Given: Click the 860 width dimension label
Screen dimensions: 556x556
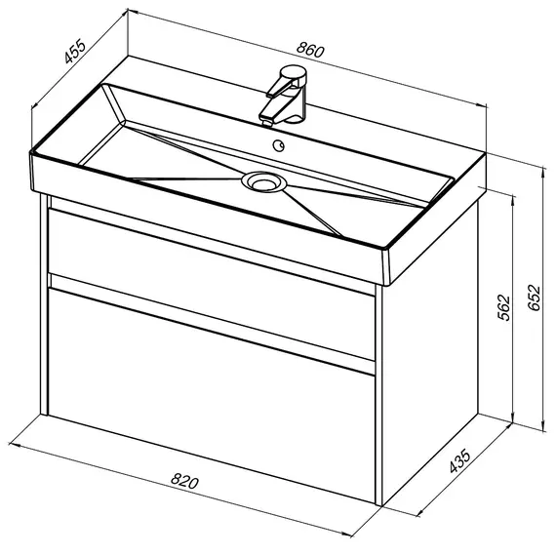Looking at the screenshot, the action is (x=310, y=50).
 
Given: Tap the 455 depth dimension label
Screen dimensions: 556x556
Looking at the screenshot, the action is (x=75, y=51).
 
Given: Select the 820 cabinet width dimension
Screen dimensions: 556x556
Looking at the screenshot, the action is (x=184, y=481).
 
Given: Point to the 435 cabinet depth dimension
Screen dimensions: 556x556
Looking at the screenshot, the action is (x=459, y=461).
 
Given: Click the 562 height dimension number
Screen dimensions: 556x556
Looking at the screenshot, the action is (x=504, y=307).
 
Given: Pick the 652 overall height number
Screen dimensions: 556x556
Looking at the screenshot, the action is (x=534, y=298).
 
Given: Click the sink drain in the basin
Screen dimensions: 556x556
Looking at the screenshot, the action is (x=263, y=182).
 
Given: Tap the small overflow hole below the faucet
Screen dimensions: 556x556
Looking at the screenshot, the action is (x=279, y=145).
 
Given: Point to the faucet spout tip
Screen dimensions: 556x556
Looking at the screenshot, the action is (x=266, y=123).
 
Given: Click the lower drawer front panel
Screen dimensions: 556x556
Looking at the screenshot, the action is (x=212, y=395).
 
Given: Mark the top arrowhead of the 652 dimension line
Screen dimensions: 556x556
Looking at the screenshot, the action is (x=543, y=172).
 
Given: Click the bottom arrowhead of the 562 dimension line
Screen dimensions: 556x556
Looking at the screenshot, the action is (x=513, y=417).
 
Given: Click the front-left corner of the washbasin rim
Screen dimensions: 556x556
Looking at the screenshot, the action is (x=31, y=153).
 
